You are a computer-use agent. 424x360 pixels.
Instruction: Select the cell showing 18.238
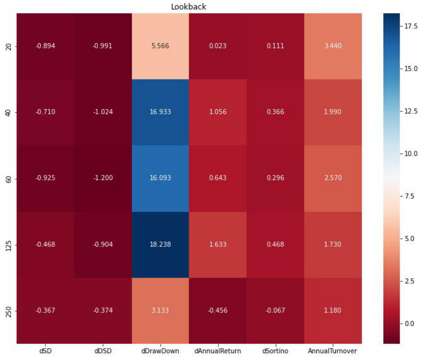[x=160, y=244]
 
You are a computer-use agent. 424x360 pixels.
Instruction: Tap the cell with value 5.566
[x=160, y=46]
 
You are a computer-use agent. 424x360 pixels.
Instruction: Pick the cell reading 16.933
[x=160, y=112]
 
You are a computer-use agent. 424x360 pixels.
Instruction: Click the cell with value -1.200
[x=103, y=178]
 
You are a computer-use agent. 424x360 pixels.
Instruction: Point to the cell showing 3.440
[x=333, y=46]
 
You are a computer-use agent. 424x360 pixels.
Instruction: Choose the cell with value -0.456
[x=218, y=310]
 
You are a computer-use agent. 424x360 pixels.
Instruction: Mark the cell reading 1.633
[x=218, y=244]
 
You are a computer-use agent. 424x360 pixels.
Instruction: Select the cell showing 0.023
[x=218, y=46]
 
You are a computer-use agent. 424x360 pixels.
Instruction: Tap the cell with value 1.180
[x=333, y=310]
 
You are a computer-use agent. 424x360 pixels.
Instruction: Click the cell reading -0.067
[x=275, y=310]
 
